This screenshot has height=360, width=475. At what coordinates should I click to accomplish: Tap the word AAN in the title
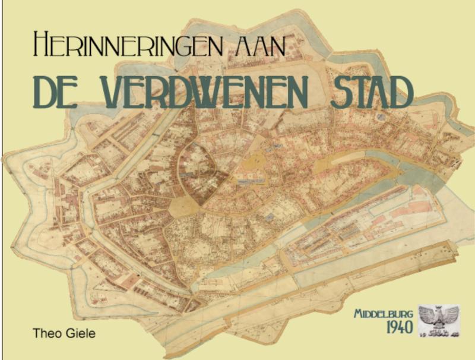coord(259,45)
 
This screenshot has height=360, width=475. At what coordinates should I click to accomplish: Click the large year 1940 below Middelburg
coord(398,327)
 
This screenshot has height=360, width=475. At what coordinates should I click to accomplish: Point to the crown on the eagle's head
coord(439,310)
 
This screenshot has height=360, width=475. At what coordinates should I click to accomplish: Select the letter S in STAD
coord(340,92)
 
